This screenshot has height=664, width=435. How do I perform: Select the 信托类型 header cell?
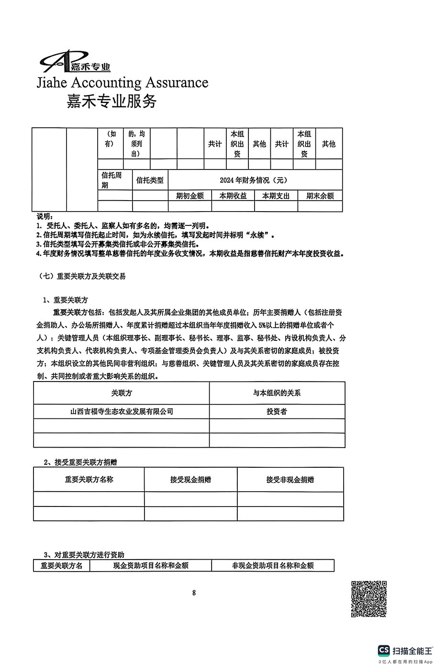pyautogui.click(x=150, y=180)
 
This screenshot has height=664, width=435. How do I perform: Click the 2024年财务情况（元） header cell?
pyautogui.click(x=255, y=180)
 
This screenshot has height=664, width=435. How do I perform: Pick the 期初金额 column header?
pyautogui.click(x=190, y=195)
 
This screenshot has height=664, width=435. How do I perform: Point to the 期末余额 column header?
pyautogui.click(x=320, y=195)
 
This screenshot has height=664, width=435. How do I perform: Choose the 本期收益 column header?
pyautogui.click(x=233, y=195)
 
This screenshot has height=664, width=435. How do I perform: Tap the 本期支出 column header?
pyautogui.click(x=276, y=195)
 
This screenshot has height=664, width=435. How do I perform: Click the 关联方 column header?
pyautogui.click(x=121, y=393)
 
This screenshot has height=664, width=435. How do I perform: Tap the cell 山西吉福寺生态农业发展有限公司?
pyautogui.click(x=122, y=411)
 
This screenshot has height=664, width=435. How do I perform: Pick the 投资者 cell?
pyautogui.click(x=277, y=411)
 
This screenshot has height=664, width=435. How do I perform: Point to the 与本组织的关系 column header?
pyautogui.click(x=277, y=393)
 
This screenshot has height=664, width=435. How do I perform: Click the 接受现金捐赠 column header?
pyautogui.click(x=190, y=479)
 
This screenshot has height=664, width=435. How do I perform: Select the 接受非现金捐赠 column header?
pyautogui.click(x=290, y=479)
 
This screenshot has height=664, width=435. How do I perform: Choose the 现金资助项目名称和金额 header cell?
pyautogui.click(x=151, y=565)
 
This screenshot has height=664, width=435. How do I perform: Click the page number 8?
pyautogui.click(x=194, y=593)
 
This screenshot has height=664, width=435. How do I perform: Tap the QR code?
pyautogui.click(x=368, y=598)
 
